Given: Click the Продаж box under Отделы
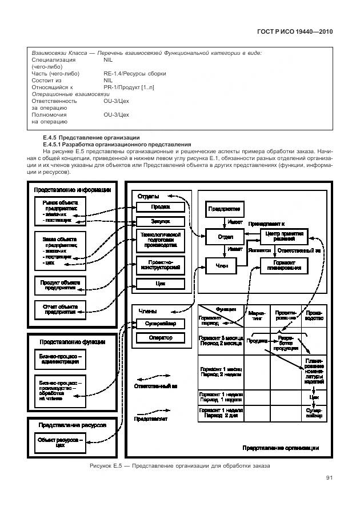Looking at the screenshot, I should [x=161, y=207].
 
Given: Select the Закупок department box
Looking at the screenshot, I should [x=161, y=221].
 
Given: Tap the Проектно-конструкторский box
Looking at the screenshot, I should [x=161, y=264].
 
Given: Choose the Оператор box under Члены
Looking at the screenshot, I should [x=161, y=338].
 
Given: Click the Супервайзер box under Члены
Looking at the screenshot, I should [x=161, y=324].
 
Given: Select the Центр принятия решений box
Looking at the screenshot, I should [x=283, y=236].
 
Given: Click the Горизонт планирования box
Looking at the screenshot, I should [x=283, y=265].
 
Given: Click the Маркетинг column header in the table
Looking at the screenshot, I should [x=257, y=316].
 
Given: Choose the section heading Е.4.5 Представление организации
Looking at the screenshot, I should [x=91, y=138].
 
